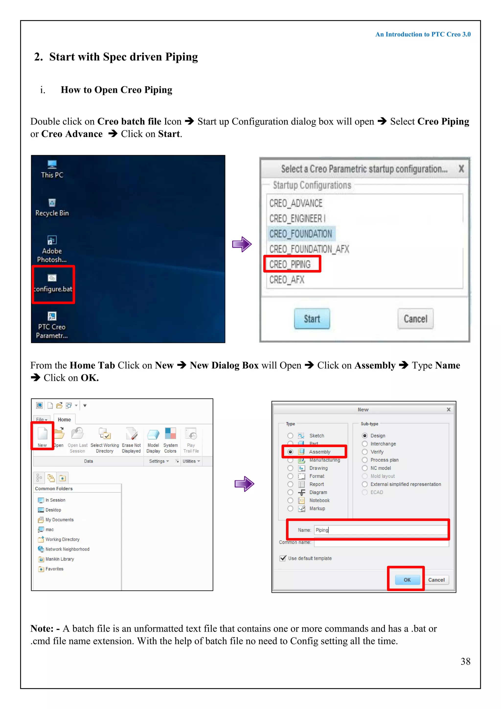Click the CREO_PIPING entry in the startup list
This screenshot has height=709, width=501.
pos(290,264)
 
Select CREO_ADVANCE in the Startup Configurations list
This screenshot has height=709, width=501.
pos(296,203)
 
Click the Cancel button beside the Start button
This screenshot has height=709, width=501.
pos(415,319)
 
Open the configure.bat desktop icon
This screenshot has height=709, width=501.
pos(52,283)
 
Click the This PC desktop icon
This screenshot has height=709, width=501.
pos(52,169)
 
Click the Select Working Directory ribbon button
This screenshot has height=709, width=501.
pos(105,439)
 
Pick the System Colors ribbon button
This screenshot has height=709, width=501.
pos(170,439)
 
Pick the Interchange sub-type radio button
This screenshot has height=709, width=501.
pos(365,444)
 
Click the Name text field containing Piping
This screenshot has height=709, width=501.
pos(381,530)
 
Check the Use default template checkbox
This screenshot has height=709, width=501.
pos(283,558)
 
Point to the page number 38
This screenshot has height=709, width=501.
pos(465,662)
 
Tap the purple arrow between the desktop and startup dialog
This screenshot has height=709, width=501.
pos(242,244)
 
